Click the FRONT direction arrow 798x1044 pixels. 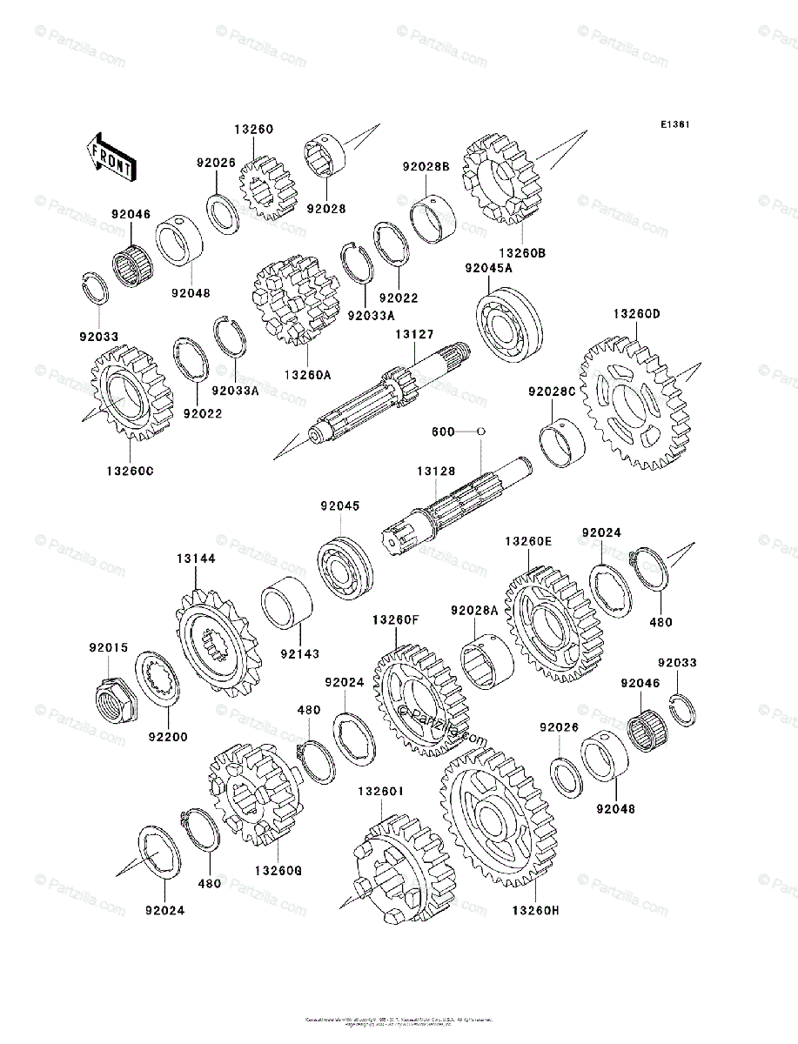click(110, 156)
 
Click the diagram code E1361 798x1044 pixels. click(674, 124)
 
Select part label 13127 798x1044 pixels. click(412, 334)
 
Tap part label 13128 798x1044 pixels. click(435, 471)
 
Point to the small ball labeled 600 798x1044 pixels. click(480, 431)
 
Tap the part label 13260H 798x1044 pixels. click(535, 910)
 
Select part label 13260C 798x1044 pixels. click(131, 471)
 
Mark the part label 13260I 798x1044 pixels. click(379, 792)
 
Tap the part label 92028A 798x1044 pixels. click(474, 611)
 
